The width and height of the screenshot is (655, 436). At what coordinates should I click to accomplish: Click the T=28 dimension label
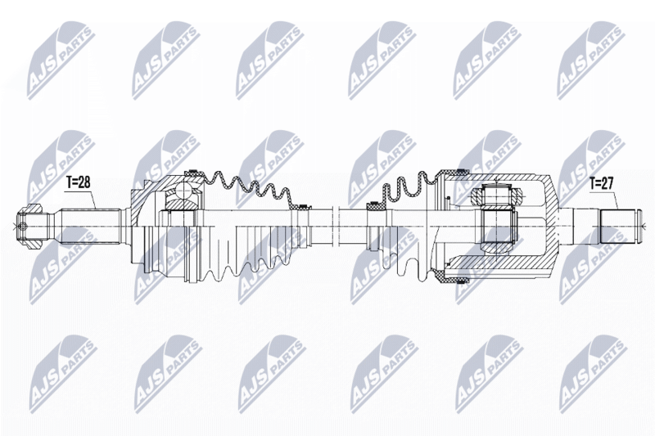pyautogui.click(x=78, y=182)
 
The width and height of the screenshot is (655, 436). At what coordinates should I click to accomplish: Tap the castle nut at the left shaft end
pyautogui.click(x=30, y=227)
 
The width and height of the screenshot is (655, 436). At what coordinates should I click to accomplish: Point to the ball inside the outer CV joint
pyautogui.click(x=183, y=192)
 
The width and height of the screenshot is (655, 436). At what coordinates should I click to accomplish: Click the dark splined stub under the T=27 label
pyautogui.click(x=617, y=227)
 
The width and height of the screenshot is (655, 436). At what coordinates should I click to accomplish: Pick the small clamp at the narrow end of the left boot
pyautogui.click(x=302, y=206)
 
